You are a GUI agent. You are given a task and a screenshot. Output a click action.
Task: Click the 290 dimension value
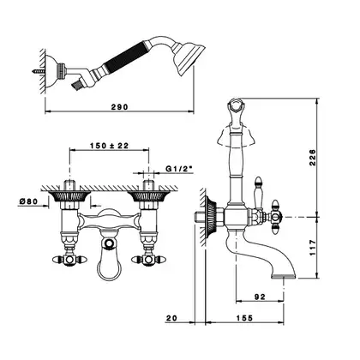pyautogui.click(x=119, y=107)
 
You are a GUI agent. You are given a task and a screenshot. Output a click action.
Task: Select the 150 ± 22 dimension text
pyautogui.click(x=110, y=146)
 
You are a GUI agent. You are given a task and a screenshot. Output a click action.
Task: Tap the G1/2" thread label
pyautogui.click(x=179, y=169)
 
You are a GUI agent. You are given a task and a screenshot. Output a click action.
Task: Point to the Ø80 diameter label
pyautogui.click(x=28, y=201)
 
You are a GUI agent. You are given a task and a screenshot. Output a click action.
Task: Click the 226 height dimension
pyautogui.click(x=313, y=157)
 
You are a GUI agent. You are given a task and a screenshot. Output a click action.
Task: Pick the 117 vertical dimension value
pyautogui.click(x=313, y=248)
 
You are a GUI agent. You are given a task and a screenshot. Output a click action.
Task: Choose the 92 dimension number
pyautogui.click(x=260, y=297)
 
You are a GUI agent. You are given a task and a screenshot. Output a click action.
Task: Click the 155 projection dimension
pyautogui.click(x=244, y=318)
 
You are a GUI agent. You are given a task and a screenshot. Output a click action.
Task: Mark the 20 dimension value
pyautogui.click(x=171, y=318)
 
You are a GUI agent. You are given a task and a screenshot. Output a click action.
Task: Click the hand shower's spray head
pyautogui.click(x=189, y=58)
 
